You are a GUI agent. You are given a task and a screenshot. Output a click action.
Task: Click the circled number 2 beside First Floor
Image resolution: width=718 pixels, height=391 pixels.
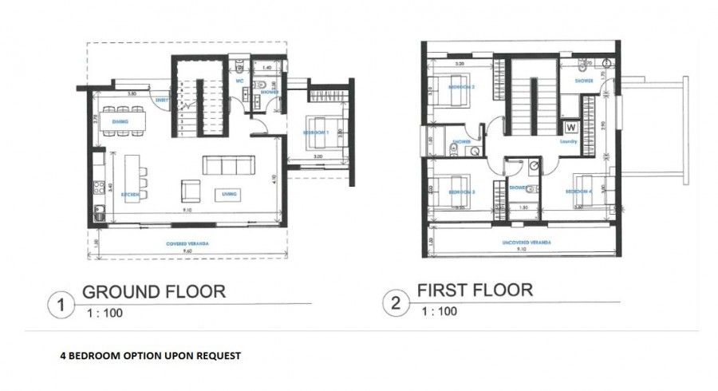pyautogui.click(x=394, y=303)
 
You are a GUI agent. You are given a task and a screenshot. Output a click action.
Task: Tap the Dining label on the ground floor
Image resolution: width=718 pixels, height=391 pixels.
pyautogui.click(x=121, y=122)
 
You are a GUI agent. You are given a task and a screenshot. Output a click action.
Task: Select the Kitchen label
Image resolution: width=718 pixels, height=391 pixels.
pyautogui.click(x=131, y=195)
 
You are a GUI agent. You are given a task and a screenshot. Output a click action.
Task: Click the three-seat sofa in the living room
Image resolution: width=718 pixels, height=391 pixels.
pyautogui.click(x=228, y=165)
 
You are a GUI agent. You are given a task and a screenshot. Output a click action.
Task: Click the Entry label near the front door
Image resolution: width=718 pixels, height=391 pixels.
pyautogui.click(x=163, y=100)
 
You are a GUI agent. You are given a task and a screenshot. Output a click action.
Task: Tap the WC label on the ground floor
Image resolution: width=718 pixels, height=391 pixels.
pyautogui.click(x=238, y=80)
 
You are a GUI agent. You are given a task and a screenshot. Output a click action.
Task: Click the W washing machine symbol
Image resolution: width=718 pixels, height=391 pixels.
pyautogui.click(x=570, y=126)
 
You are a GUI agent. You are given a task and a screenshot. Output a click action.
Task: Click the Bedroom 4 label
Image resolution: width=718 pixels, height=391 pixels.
pyautogui.click(x=578, y=192)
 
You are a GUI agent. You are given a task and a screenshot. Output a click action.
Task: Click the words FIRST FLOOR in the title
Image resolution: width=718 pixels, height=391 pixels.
pyautogui.click(x=475, y=289)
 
